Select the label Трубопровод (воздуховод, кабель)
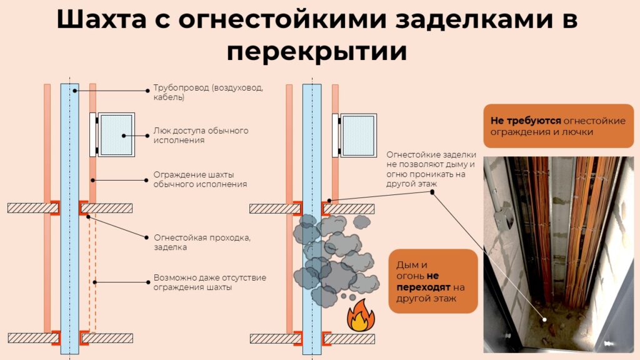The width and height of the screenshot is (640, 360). coord(208,92)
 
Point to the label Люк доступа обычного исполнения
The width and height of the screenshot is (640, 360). coord(201,135)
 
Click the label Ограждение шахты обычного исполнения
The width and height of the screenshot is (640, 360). coord(200,179)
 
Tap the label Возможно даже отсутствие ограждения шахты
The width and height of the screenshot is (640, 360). coord(210,282)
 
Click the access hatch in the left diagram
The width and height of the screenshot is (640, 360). coord(116,135)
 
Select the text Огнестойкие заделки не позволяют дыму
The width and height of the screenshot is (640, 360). coord(431,169)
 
